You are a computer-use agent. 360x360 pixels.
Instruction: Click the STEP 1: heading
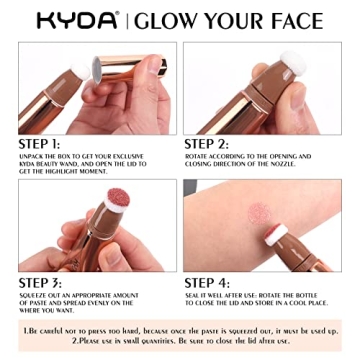pyautogui.click(x=40, y=143)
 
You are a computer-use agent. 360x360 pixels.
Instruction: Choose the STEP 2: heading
pyautogui.click(x=209, y=143)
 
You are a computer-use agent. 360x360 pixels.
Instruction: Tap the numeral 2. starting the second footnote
pyautogui.click(x=76, y=339)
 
